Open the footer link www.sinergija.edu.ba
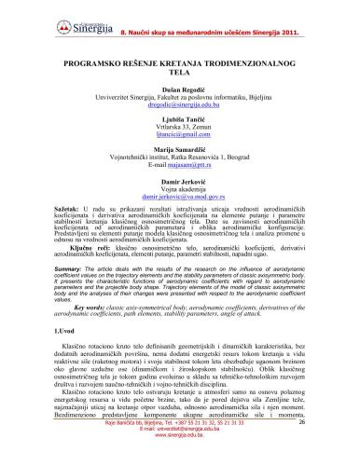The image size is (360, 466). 180,459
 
